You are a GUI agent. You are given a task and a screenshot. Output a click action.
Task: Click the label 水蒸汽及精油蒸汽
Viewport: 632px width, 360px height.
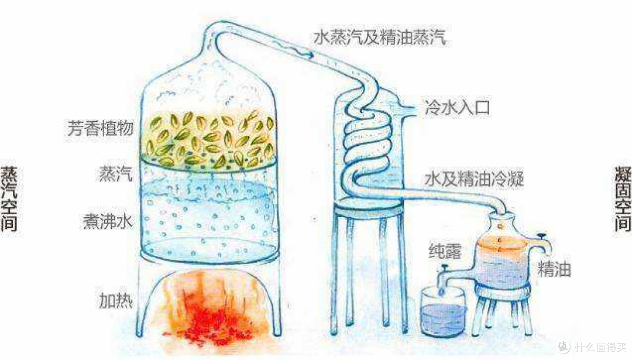(380, 39)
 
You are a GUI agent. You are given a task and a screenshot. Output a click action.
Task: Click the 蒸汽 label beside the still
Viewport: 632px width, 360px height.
(115, 174)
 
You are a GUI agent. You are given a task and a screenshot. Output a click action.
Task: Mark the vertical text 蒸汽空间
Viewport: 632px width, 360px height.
(9, 199)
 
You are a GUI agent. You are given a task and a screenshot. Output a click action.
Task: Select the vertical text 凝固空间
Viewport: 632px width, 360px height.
(623, 199)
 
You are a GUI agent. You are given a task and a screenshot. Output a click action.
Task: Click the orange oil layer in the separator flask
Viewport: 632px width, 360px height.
(504, 246)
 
